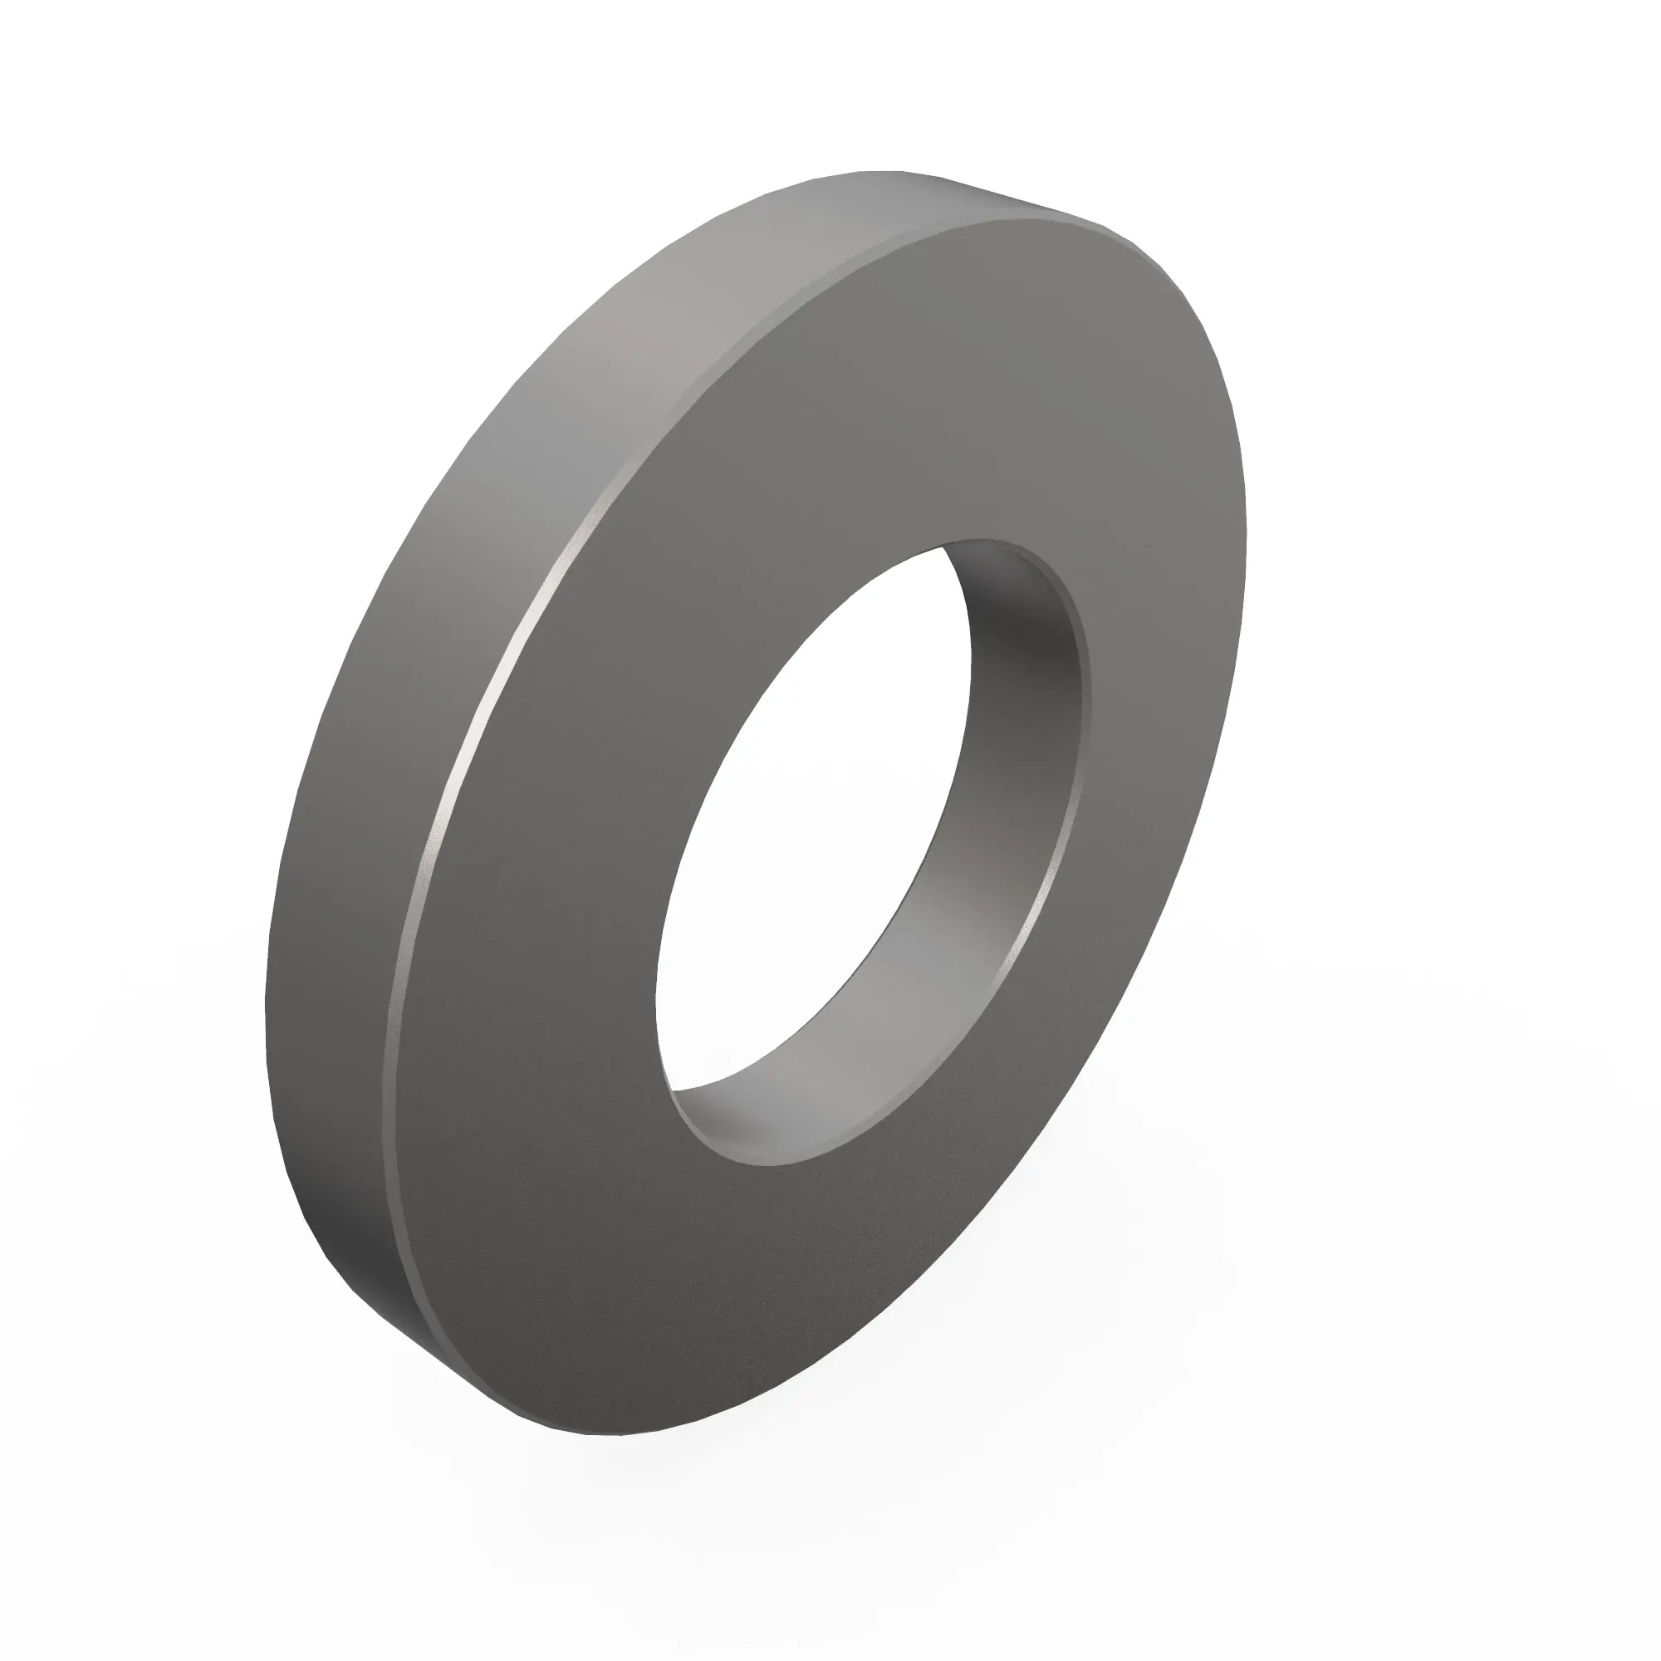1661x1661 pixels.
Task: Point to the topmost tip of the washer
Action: point(885,171)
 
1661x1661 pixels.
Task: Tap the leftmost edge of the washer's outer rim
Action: point(267,988)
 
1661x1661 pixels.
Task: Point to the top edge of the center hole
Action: point(988,541)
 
